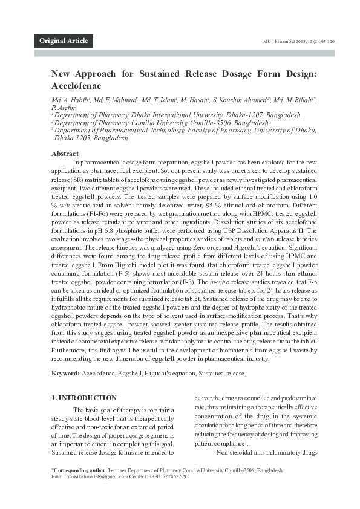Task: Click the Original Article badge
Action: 64,41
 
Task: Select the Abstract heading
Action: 65,154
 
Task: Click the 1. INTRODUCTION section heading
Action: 84,398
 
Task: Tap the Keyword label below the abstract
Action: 65,374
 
